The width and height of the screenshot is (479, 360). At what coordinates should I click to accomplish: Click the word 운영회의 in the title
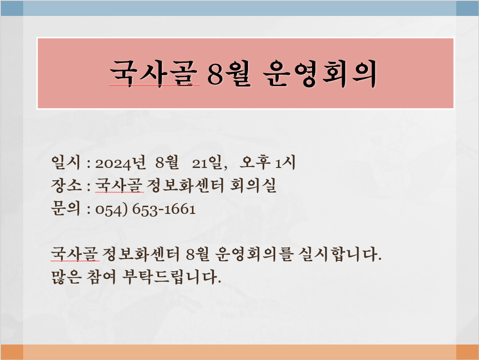coord(319,74)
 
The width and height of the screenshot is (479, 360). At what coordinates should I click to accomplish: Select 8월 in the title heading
coord(229,73)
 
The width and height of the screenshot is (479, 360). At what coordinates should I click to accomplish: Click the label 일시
coord(66,162)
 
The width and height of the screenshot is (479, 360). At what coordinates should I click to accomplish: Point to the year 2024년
coord(121,162)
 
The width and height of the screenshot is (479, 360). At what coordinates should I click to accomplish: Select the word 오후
coord(255,162)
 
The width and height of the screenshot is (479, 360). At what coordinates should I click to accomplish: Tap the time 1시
coord(285,162)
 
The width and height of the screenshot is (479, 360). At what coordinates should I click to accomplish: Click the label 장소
coord(66,185)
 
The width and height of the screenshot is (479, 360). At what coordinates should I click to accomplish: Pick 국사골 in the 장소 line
coord(119,185)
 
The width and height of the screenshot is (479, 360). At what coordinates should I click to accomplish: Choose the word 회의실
coord(253,185)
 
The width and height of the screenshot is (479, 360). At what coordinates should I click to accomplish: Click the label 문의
coord(66,208)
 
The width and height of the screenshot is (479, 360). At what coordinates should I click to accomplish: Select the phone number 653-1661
coord(164,209)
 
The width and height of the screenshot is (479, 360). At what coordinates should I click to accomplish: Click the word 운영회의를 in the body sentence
coord(254,254)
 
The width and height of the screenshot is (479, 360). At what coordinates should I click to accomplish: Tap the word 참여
coord(101,277)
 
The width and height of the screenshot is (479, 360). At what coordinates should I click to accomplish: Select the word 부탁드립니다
coord(171,277)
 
